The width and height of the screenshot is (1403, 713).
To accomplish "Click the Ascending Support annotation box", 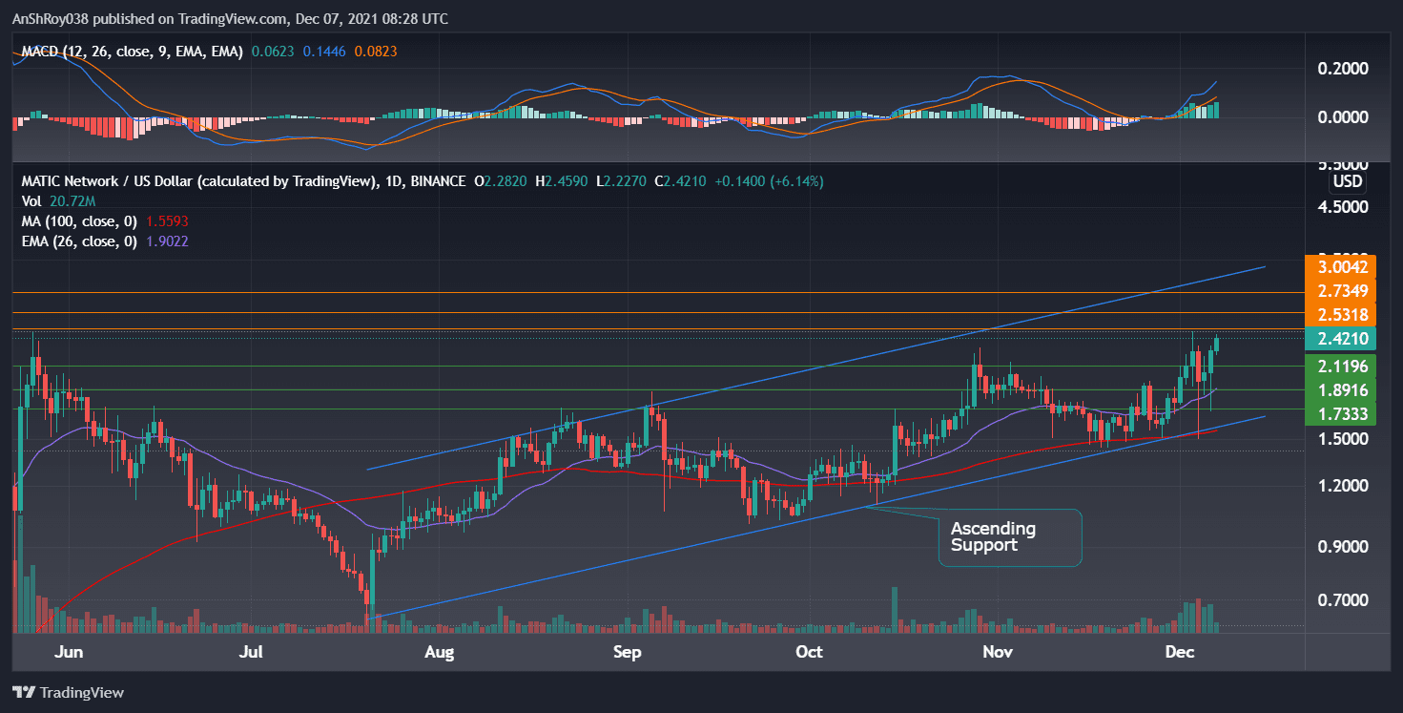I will click(x=1010, y=537).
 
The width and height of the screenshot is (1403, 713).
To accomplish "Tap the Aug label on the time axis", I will click(x=439, y=653).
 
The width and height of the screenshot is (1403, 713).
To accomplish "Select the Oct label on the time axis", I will click(x=809, y=653).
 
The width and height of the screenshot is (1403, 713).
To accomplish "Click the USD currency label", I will click(x=1347, y=181).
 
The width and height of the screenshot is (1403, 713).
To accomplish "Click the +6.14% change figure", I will click(x=799, y=181).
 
